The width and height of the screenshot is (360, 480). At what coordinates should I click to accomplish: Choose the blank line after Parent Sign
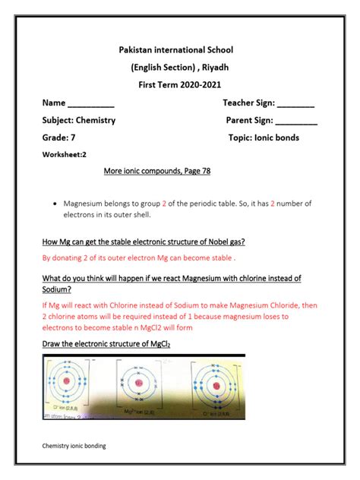pyautogui.click(x=296, y=121)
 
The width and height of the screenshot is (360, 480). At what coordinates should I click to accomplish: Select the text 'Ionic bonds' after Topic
pyautogui.click(x=276, y=137)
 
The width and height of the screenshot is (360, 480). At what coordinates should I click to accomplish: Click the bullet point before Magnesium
pyautogui.click(x=56, y=204)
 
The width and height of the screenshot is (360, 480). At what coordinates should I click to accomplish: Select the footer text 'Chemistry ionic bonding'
pyautogui.click(x=74, y=447)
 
